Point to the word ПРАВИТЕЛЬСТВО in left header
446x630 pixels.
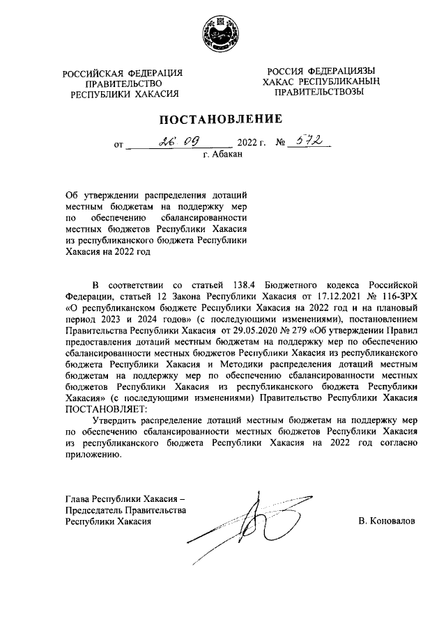[122, 83]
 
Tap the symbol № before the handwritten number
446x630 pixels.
[282, 145]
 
